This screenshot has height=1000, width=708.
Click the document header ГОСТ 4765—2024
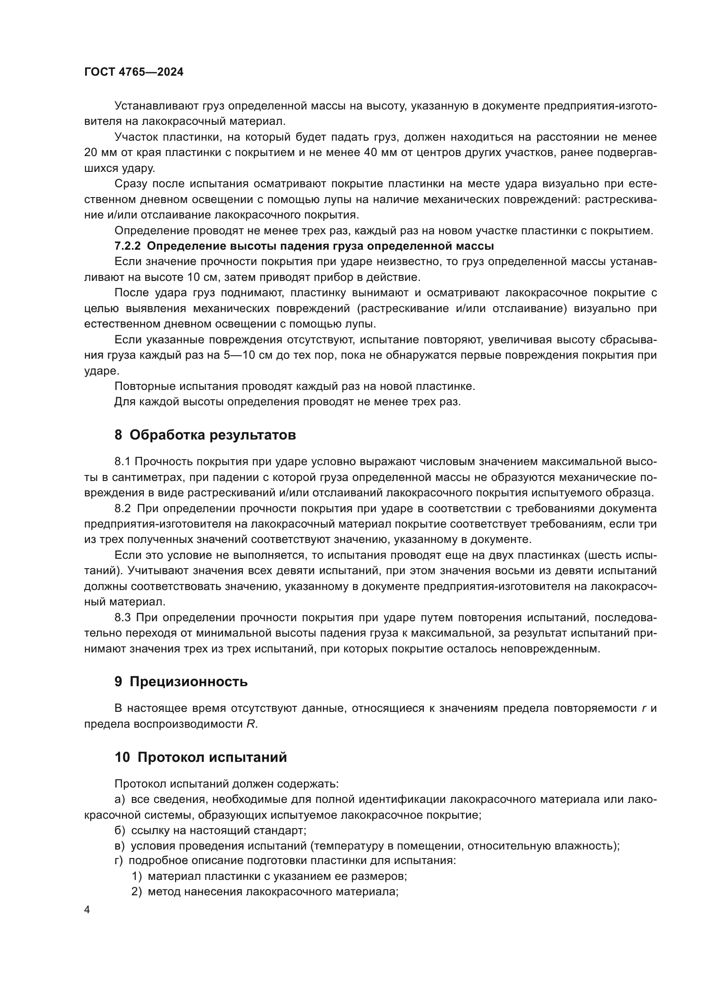coord(134,72)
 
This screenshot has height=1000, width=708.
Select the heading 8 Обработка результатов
coord(205,435)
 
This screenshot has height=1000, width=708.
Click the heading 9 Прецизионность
coord(181,681)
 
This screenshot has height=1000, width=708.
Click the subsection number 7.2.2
coord(127,246)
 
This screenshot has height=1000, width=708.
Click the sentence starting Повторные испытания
coord(295,386)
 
